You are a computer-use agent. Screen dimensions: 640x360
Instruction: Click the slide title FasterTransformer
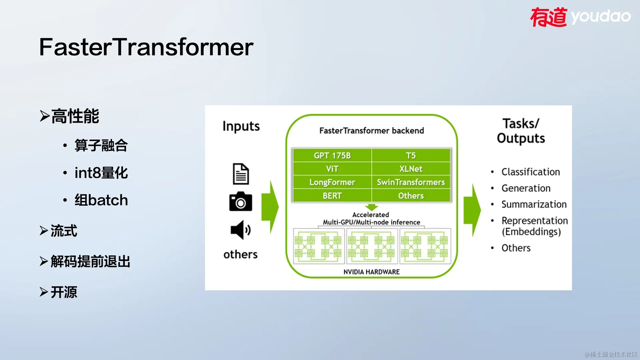click(x=146, y=47)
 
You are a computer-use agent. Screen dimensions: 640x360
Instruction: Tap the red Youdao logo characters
click(x=549, y=17)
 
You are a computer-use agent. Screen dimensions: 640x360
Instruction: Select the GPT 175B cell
click(x=332, y=156)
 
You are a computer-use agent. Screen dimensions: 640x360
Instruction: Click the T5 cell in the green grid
click(x=411, y=156)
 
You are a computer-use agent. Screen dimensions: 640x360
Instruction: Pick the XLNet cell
click(x=411, y=169)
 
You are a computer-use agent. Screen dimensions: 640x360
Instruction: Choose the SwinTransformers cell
click(x=411, y=182)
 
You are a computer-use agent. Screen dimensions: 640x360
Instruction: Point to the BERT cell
click(x=332, y=196)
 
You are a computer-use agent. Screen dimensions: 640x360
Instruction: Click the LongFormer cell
click(x=332, y=182)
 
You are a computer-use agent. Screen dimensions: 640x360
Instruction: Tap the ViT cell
click(x=332, y=169)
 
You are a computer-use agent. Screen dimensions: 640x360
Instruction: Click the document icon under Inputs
click(x=241, y=174)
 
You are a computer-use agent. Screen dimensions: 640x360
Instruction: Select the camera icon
click(x=241, y=201)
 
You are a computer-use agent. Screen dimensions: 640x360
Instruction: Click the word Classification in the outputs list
click(x=531, y=172)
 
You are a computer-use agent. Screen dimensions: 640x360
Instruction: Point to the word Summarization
click(x=534, y=204)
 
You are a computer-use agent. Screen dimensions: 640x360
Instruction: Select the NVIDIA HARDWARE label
click(x=372, y=272)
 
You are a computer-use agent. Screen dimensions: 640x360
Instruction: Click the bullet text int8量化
click(x=101, y=173)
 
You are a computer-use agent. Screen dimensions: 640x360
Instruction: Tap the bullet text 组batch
click(x=101, y=200)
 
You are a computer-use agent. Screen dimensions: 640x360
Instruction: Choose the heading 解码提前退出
click(x=90, y=262)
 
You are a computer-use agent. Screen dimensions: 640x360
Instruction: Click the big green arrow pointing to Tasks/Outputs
click(x=472, y=210)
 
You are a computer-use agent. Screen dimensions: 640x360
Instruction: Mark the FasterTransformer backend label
click(x=372, y=131)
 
